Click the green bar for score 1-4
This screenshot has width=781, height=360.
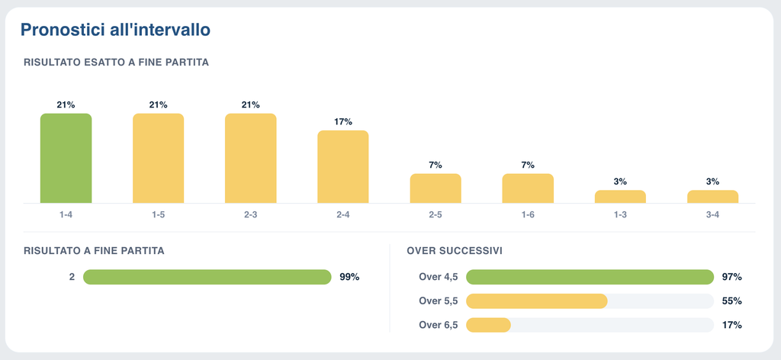pos(66,159)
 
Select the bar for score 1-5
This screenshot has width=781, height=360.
pos(159,159)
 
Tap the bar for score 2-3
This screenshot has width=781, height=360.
pos(250,159)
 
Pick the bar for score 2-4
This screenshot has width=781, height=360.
pos(343,167)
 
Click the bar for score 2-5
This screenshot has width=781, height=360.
pos(435,188)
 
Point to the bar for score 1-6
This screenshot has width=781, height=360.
pos(528,188)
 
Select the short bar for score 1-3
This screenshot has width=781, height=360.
pos(620,197)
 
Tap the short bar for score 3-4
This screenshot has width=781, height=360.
pos(713,197)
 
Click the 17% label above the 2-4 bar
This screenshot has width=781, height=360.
pos(343,121)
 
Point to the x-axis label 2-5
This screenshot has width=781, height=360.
pos(435,215)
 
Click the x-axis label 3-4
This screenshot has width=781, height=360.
pos(713,215)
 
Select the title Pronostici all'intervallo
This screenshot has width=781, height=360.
pos(116,30)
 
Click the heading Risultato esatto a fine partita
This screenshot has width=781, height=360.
pos(116,63)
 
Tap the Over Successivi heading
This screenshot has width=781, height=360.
pos(455,251)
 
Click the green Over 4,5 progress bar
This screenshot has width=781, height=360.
pos(590,277)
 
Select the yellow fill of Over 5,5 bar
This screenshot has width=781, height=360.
pos(537,301)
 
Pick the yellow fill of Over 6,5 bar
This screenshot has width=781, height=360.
pos(489,325)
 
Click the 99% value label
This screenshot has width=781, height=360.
pos(349,277)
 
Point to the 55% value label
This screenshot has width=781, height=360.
pos(731,301)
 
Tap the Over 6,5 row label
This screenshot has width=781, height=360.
pos(438,325)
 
